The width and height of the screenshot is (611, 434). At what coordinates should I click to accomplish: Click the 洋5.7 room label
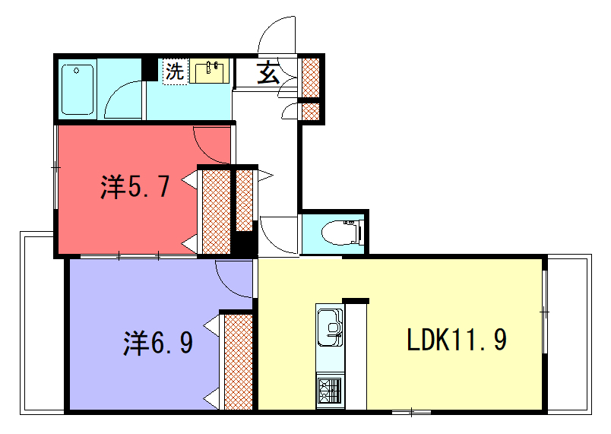click(135, 187)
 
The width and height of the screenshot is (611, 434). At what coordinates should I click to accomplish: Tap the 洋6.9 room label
click(158, 343)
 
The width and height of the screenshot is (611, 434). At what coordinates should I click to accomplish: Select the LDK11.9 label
click(457, 339)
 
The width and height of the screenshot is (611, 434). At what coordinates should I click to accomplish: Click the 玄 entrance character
click(268, 72)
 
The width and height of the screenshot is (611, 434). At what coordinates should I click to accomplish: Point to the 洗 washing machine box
click(175, 71)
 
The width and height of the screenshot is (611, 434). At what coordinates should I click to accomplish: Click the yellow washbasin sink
click(209, 71)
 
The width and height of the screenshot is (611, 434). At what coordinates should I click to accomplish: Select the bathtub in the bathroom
click(78, 90)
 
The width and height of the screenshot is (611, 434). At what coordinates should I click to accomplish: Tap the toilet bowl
click(343, 233)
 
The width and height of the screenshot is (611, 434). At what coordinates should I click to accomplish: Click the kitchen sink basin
click(331, 328)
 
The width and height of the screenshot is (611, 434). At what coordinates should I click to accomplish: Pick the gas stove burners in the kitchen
click(330, 391)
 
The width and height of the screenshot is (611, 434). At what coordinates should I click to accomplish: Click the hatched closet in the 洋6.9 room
click(239, 362)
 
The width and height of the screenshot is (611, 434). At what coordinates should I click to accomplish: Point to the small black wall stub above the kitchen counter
click(356, 301)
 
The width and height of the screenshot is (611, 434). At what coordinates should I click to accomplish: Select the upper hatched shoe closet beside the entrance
click(311, 78)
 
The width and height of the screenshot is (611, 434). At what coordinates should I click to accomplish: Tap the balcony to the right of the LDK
click(570, 334)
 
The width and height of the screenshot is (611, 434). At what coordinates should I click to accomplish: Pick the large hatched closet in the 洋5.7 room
click(217, 212)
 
